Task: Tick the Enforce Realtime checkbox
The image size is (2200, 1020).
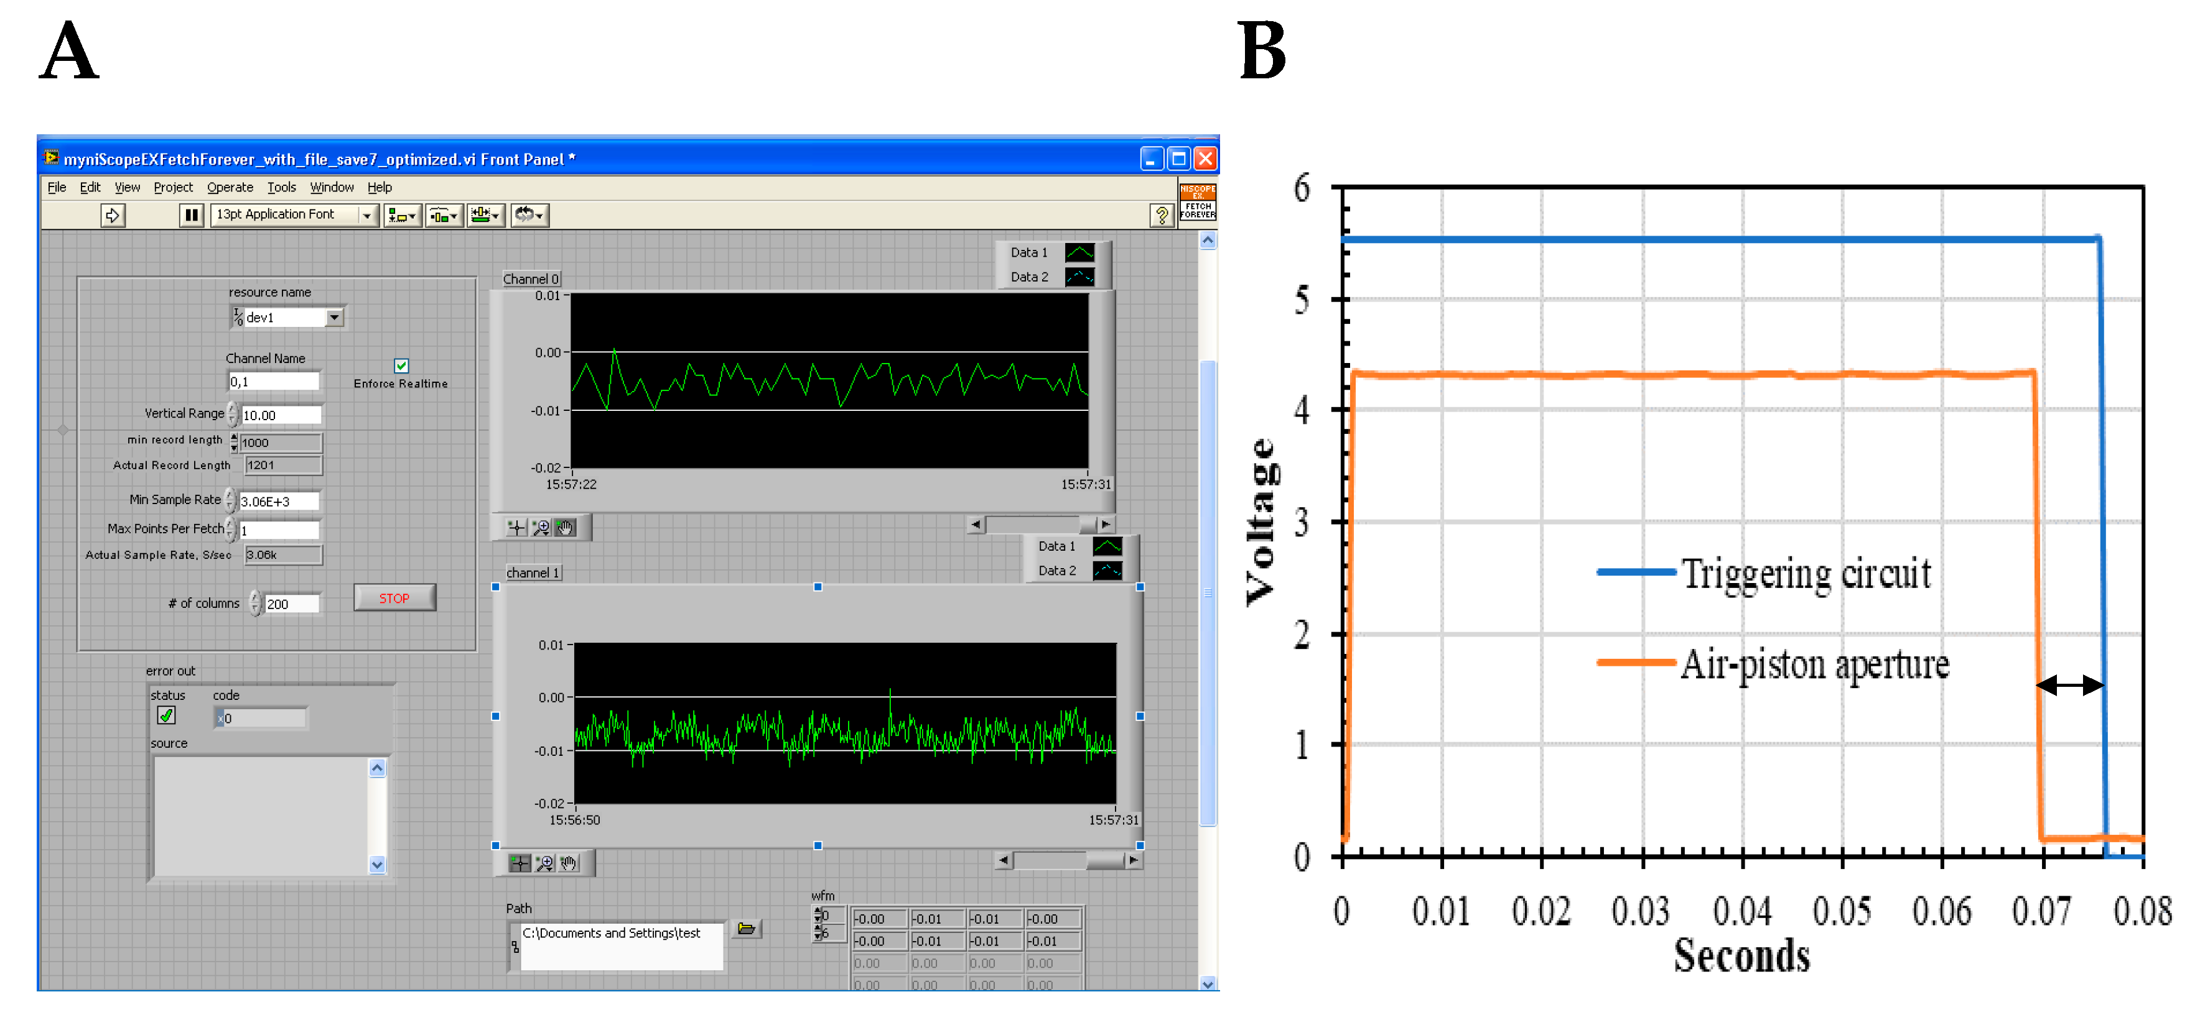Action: click(x=401, y=365)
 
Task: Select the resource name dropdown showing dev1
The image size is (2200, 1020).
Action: click(x=289, y=318)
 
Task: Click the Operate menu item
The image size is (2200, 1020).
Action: click(x=230, y=187)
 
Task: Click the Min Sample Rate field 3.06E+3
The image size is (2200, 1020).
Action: click(x=278, y=501)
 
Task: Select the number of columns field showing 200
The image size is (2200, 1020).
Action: click(x=291, y=604)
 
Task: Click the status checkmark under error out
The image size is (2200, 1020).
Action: click(x=167, y=716)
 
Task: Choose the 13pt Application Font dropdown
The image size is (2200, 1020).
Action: click(x=293, y=215)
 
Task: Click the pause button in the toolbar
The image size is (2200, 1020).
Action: click(x=191, y=215)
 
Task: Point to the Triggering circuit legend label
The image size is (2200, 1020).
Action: click(x=1806, y=574)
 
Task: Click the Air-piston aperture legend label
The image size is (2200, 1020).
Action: click(x=1814, y=664)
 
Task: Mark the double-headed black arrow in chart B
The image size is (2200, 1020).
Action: click(x=2069, y=684)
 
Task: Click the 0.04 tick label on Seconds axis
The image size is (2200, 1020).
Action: click(x=1741, y=912)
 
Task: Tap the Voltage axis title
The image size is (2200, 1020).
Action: click(x=1261, y=521)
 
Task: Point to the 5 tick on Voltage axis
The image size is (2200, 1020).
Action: click(x=1301, y=300)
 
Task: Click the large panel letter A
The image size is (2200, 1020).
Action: click(x=69, y=50)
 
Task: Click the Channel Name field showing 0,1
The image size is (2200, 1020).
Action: click(x=273, y=382)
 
